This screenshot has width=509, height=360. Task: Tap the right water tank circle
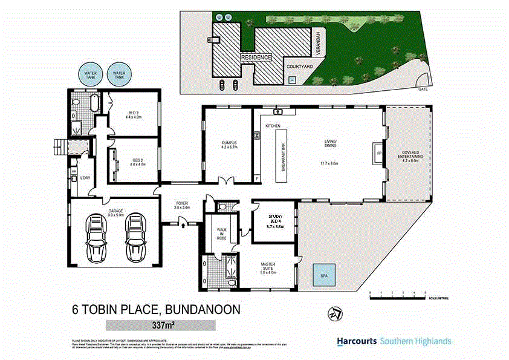coord(120,75)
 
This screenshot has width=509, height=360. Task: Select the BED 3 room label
coord(134,114)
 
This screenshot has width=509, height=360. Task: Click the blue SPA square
coord(324,277)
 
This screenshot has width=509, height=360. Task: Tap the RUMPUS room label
coord(229,145)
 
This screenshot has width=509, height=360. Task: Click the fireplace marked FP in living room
coord(378,153)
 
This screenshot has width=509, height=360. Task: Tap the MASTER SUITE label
coord(267,267)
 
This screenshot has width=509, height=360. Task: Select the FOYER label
coord(182,205)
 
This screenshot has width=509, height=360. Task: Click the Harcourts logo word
coord(357,341)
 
